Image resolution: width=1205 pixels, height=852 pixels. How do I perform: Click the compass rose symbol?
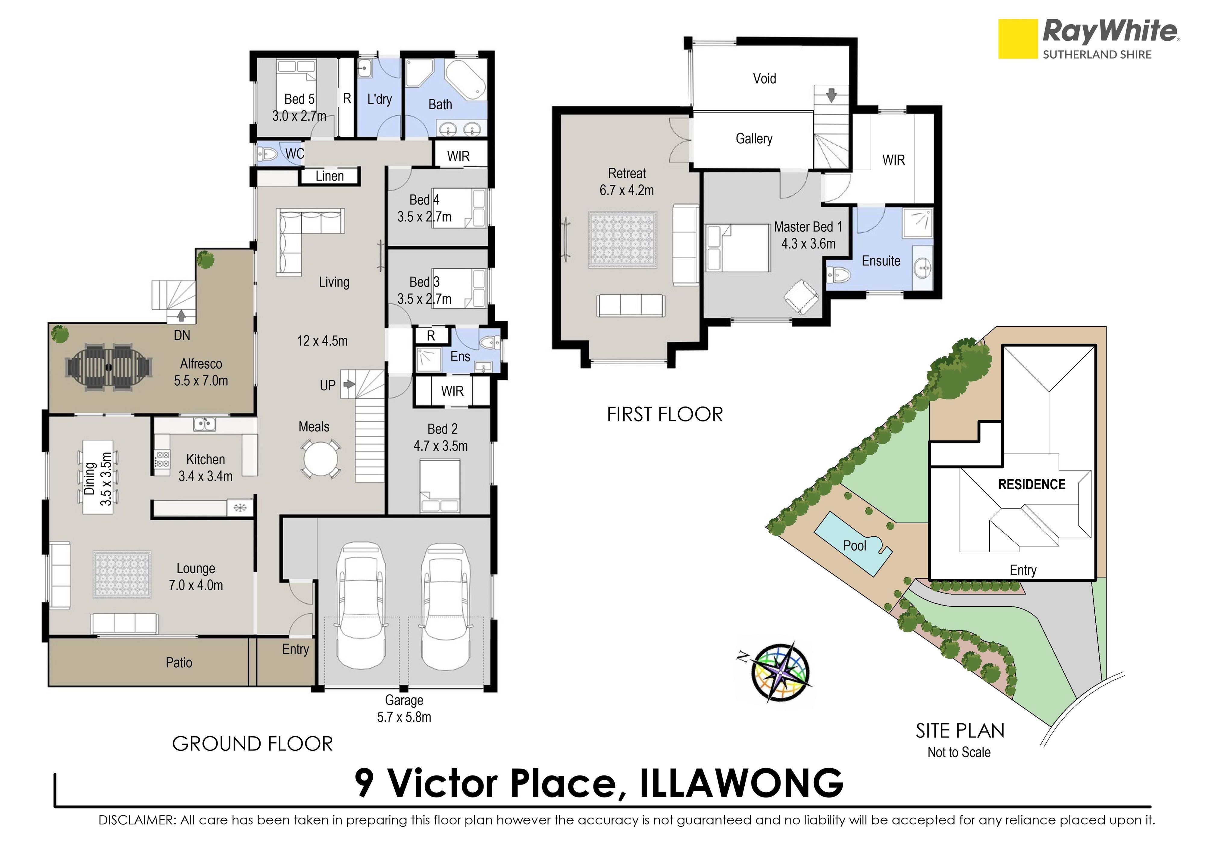point(781,672)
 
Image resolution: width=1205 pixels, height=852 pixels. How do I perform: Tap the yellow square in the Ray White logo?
point(1018,39)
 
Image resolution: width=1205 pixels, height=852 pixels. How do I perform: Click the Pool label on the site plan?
point(854,546)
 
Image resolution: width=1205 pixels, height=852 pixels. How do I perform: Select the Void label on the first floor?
point(764,79)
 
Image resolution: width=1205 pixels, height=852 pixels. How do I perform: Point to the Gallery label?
point(754,139)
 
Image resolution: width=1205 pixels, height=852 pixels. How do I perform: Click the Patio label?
point(179,662)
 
